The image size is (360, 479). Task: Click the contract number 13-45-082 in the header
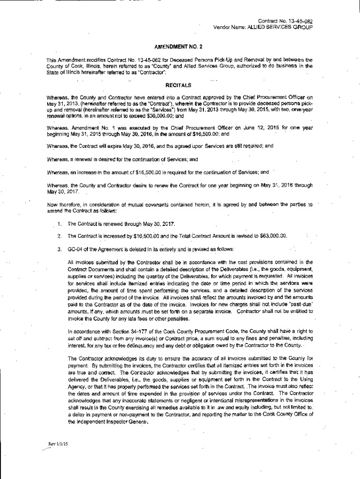click(298, 21)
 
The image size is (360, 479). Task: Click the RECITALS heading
click(180, 86)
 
